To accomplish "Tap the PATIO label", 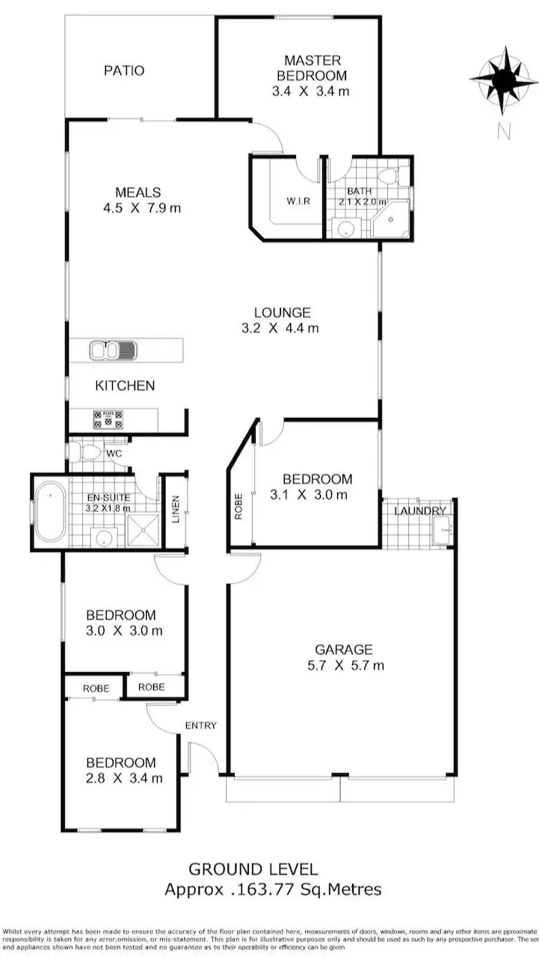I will point(124,71).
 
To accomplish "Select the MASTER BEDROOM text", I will point(312,68).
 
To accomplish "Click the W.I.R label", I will point(293,201).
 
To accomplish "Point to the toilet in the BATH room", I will point(386,177).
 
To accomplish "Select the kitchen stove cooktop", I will point(108,419).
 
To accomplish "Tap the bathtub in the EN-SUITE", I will point(50,512).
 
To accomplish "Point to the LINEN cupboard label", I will point(176,510).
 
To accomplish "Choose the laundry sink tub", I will point(440,529).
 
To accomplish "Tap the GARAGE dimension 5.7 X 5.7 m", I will point(343,665).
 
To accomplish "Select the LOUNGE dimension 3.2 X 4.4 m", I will point(282,327).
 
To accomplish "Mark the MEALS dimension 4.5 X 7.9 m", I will point(142,208).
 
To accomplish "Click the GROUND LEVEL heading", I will point(253,870).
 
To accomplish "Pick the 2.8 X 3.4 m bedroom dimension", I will point(121,778).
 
